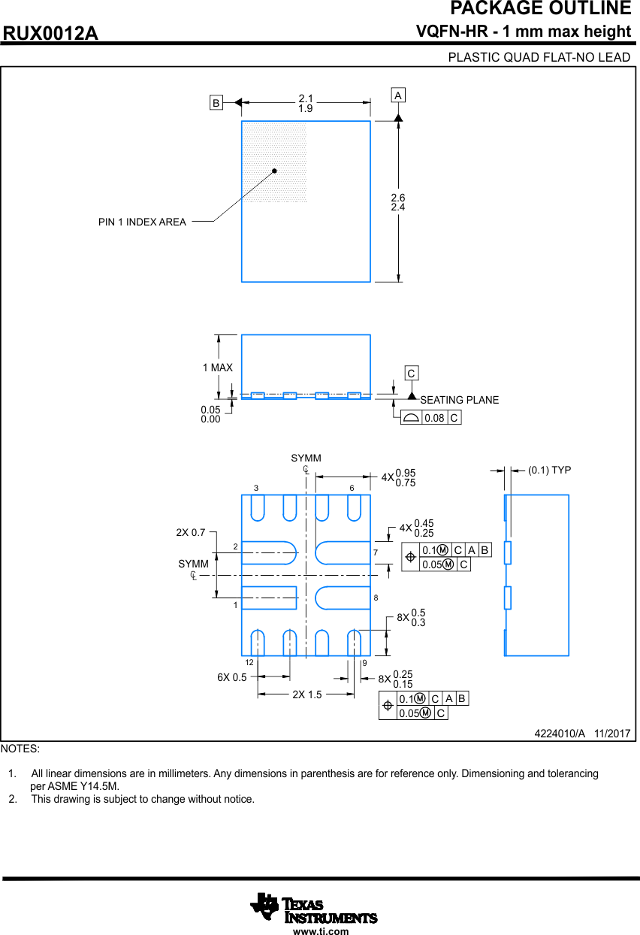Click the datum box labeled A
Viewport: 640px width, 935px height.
pyautogui.click(x=398, y=95)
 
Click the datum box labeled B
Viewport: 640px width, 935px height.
pyautogui.click(x=216, y=103)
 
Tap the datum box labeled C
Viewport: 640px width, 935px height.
pyautogui.click(x=411, y=374)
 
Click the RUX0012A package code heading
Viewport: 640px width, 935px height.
pyautogui.click(x=50, y=34)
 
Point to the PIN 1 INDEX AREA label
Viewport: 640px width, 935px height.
pyautogui.click(x=142, y=222)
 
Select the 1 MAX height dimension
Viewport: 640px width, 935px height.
pyautogui.click(x=218, y=368)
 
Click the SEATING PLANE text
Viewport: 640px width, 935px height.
pyautogui.click(x=459, y=400)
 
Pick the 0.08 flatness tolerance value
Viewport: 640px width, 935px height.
pyautogui.click(x=434, y=418)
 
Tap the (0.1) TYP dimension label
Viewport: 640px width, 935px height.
pyautogui.click(x=549, y=470)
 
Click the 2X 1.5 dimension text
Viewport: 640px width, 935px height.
pyautogui.click(x=306, y=694)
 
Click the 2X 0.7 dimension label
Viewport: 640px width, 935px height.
pyautogui.click(x=191, y=532)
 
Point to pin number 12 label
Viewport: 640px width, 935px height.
pyautogui.click(x=249, y=662)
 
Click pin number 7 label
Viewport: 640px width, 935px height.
pyautogui.click(x=376, y=553)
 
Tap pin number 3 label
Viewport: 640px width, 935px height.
pyautogui.click(x=256, y=488)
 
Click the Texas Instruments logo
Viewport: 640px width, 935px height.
pyautogui.click(x=313, y=908)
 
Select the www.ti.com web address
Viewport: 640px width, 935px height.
pyautogui.click(x=321, y=931)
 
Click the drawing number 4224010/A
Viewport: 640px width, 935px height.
pyautogui.click(x=559, y=733)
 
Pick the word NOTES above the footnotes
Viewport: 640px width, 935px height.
pyautogui.click(x=20, y=749)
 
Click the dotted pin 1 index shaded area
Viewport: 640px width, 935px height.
pyautogui.click(x=273, y=162)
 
